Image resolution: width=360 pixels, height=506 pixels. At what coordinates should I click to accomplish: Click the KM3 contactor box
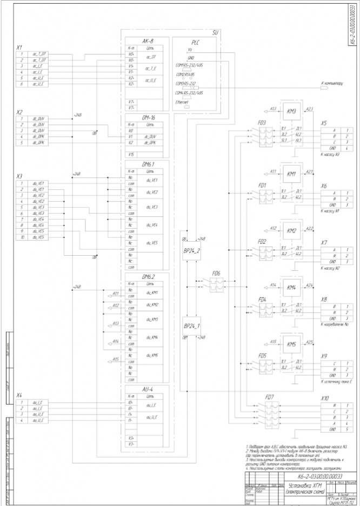(x=292, y=111)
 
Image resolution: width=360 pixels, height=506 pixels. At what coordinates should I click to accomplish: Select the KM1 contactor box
(x=292, y=174)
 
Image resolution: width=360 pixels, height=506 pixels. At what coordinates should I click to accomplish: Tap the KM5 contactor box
(x=292, y=344)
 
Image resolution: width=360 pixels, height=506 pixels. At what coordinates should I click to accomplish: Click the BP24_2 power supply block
(x=192, y=250)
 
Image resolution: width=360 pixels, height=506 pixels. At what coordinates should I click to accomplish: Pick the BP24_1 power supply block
(x=192, y=326)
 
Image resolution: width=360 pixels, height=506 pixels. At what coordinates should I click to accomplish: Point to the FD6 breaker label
(x=216, y=274)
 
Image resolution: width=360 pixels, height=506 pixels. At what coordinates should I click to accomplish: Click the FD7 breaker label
(x=269, y=397)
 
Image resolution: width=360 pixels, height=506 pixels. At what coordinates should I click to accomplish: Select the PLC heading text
(x=196, y=42)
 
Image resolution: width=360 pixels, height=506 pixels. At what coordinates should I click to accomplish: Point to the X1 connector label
(x=19, y=48)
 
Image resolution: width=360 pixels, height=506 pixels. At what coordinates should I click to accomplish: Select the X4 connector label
(x=19, y=396)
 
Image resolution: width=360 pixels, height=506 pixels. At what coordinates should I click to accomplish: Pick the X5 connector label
(x=324, y=123)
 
